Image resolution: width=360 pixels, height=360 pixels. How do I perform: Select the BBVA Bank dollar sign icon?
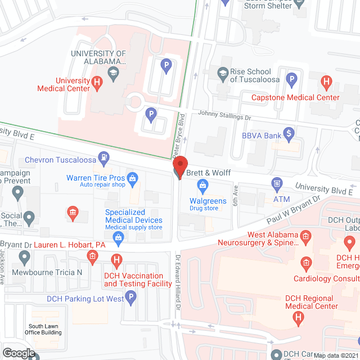pyautogui.click(x=289, y=133)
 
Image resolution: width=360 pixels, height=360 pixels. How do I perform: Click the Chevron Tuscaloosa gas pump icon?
pyautogui.click(x=103, y=156)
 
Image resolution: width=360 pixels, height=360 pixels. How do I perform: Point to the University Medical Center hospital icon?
pyautogui.click(x=97, y=84)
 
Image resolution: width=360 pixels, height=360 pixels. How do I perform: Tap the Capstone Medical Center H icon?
pyautogui.click(x=326, y=82)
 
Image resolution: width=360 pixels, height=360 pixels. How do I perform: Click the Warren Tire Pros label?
pyautogui.click(x=94, y=178)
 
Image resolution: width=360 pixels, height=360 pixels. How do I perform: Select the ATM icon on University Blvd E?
pyautogui.click(x=277, y=183)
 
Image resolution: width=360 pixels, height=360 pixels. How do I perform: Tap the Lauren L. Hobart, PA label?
pyautogui.click(x=70, y=245)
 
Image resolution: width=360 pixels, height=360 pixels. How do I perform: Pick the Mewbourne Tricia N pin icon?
pyautogui.click(x=24, y=258)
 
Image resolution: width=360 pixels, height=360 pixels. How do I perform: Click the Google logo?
pyautogui.click(x=18, y=353)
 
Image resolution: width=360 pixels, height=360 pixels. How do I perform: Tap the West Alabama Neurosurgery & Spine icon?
pyautogui.click(x=305, y=235)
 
